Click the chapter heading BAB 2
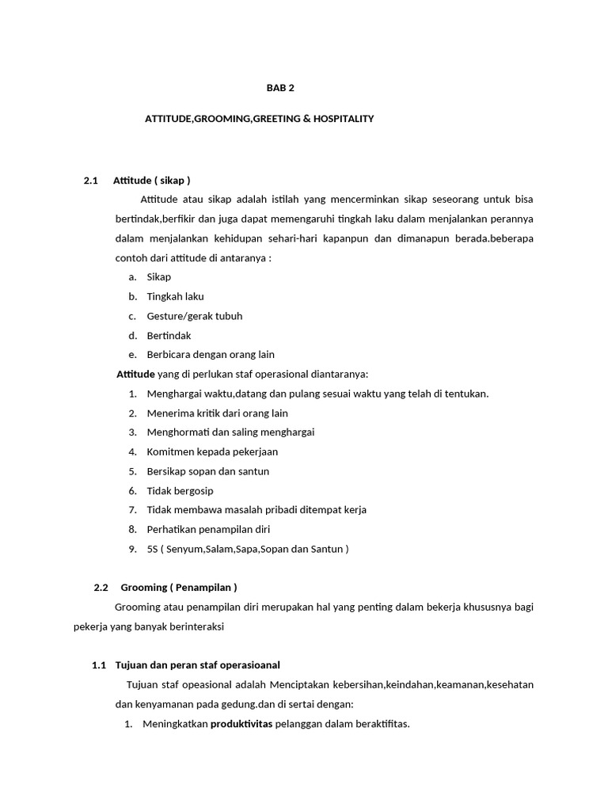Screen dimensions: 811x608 pyautogui.click(x=279, y=88)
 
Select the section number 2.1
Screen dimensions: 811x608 pyautogui.click(x=90, y=181)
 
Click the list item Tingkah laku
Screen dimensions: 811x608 pyautogui.click(x=175, y=296)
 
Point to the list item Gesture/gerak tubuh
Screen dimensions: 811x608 pyautogui.click(x=195, y=316)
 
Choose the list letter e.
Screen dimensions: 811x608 pyautogui.click(x=131, y=355)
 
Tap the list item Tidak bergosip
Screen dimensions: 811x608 pyautogui.click(x=180, y=491)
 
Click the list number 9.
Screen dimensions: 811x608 pyautogui.click(x=131, y=549)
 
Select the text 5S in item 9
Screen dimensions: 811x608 pyautogui.click(x=153, y=549)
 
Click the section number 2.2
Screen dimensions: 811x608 pyautogui.click(x=101, y=588)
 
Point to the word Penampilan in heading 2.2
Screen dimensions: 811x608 pyautogui.click(x=203, y=588)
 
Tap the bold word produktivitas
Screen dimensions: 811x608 pyautogui.click(x=241, y=723)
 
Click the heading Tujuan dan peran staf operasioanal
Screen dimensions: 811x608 pyautogui.click(x=198, y=665)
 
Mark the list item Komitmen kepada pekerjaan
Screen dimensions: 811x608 pyautogui.click(x=212, y=452)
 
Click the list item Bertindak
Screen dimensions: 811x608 pyautogui.click(x=169, y=336)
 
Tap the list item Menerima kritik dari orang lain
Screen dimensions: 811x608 pyautogui.click(x=217, y=413)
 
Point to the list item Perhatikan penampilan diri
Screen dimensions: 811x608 pyautogui.click(x=208, y=530)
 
